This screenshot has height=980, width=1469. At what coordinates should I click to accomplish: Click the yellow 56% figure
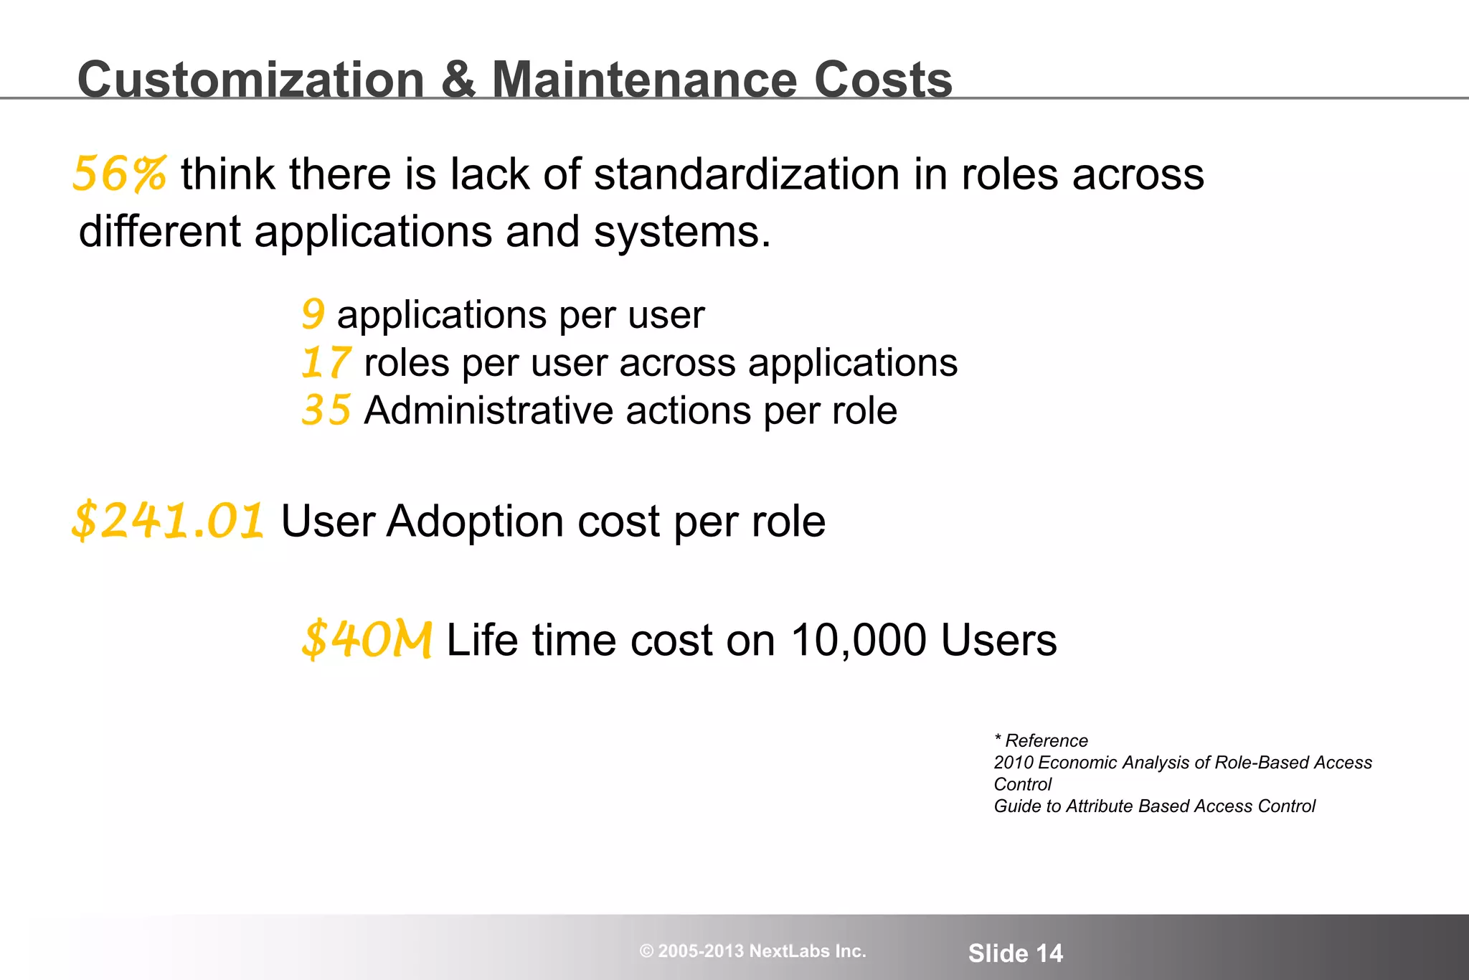(x=120, y=174)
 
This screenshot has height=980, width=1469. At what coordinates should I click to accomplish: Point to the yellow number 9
(x=313, y=315)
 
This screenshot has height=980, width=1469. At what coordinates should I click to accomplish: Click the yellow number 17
(x=326, y=362)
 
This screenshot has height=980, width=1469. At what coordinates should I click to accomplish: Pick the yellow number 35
(x=326, y=410)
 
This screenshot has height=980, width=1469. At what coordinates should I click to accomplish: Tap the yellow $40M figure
(x=367, y=640)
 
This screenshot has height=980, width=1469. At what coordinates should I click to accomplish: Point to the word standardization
(x=746, y=174)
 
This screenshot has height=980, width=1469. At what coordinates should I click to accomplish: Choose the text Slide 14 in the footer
(x=1015, y=953)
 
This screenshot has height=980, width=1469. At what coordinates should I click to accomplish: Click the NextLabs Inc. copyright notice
(x=752, y=951)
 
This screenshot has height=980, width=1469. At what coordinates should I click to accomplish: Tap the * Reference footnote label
(x=1041, y=740)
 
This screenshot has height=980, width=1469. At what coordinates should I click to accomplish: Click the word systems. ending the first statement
(x=681, y=232)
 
